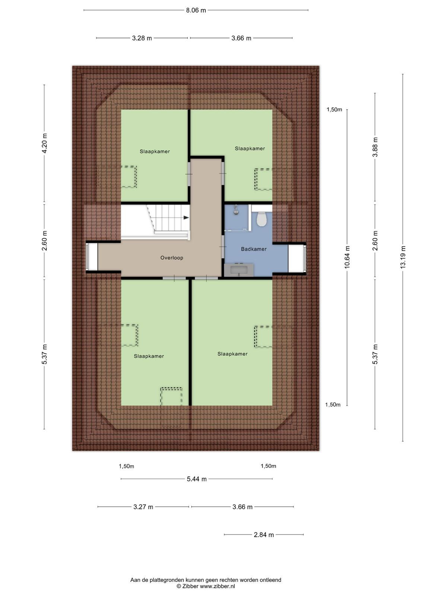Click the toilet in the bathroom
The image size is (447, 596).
261,219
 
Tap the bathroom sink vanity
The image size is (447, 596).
239,270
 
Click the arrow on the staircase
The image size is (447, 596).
186,218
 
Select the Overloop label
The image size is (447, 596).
171,258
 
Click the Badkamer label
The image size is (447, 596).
254,249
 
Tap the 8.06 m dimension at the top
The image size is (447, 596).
196,10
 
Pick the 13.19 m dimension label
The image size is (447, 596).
403,257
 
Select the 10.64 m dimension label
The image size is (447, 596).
347,257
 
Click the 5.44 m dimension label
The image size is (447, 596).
197,479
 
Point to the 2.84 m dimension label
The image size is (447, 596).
263,535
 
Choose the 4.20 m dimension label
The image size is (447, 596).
44,143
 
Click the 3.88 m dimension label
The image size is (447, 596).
375,147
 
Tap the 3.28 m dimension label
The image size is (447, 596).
142,38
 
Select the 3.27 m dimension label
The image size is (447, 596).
143,507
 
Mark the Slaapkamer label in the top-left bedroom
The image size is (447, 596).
155,152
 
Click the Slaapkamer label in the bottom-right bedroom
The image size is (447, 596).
232,354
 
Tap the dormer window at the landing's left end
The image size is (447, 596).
92,257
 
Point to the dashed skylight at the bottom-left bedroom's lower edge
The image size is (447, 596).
171,396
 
